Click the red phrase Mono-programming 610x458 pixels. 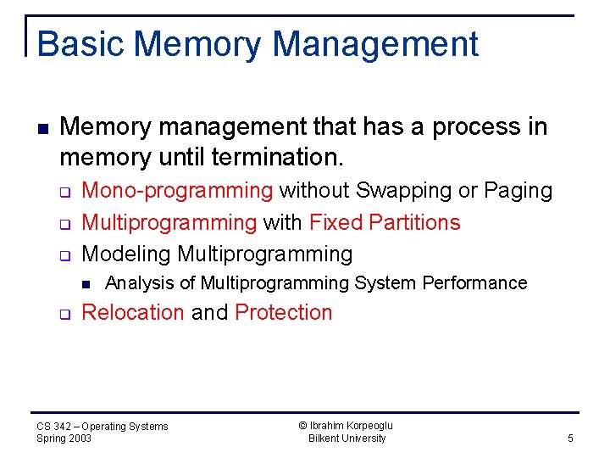[x=177, y=191]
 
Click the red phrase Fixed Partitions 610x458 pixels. [x=385, y=222]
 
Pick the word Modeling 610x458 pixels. [x=126, y=254]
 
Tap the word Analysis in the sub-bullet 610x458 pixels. [x=136, y=283]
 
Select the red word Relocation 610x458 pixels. [x=133, y=312]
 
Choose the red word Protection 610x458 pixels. [x=283, y=312]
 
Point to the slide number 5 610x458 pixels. [x=570, y=438]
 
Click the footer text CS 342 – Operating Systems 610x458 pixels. [x=103, y=426]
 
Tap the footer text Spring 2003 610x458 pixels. [x=64, y=438]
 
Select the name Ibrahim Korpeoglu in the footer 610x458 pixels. [x=347, y=426]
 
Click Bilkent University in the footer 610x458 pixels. [x=347, y=438]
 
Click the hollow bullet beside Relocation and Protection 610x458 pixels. [x=64, y=314]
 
